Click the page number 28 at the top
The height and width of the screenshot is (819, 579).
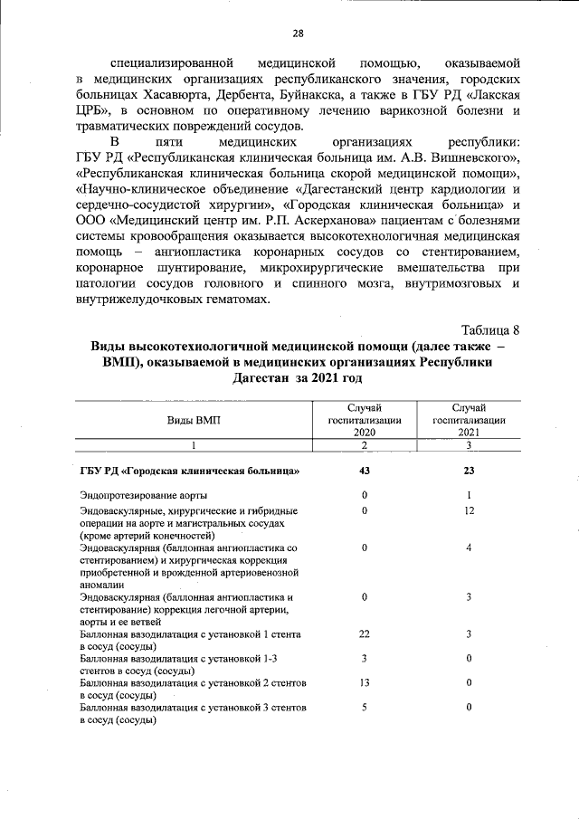coord(298,33)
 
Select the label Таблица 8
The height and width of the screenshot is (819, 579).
coord(489,329)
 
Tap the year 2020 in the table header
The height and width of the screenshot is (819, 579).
coord(364,433)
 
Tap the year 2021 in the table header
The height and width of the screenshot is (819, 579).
coord(469,433)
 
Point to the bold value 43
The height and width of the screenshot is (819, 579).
coord(364,471)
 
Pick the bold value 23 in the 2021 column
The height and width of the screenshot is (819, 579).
coord(469,471)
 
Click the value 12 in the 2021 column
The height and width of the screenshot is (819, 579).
coord(469,511)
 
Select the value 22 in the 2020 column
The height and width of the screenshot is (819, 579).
coord(364,634)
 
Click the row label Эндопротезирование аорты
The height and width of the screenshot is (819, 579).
coord(143,496)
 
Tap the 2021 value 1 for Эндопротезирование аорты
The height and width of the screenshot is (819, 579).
coord(469,496)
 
